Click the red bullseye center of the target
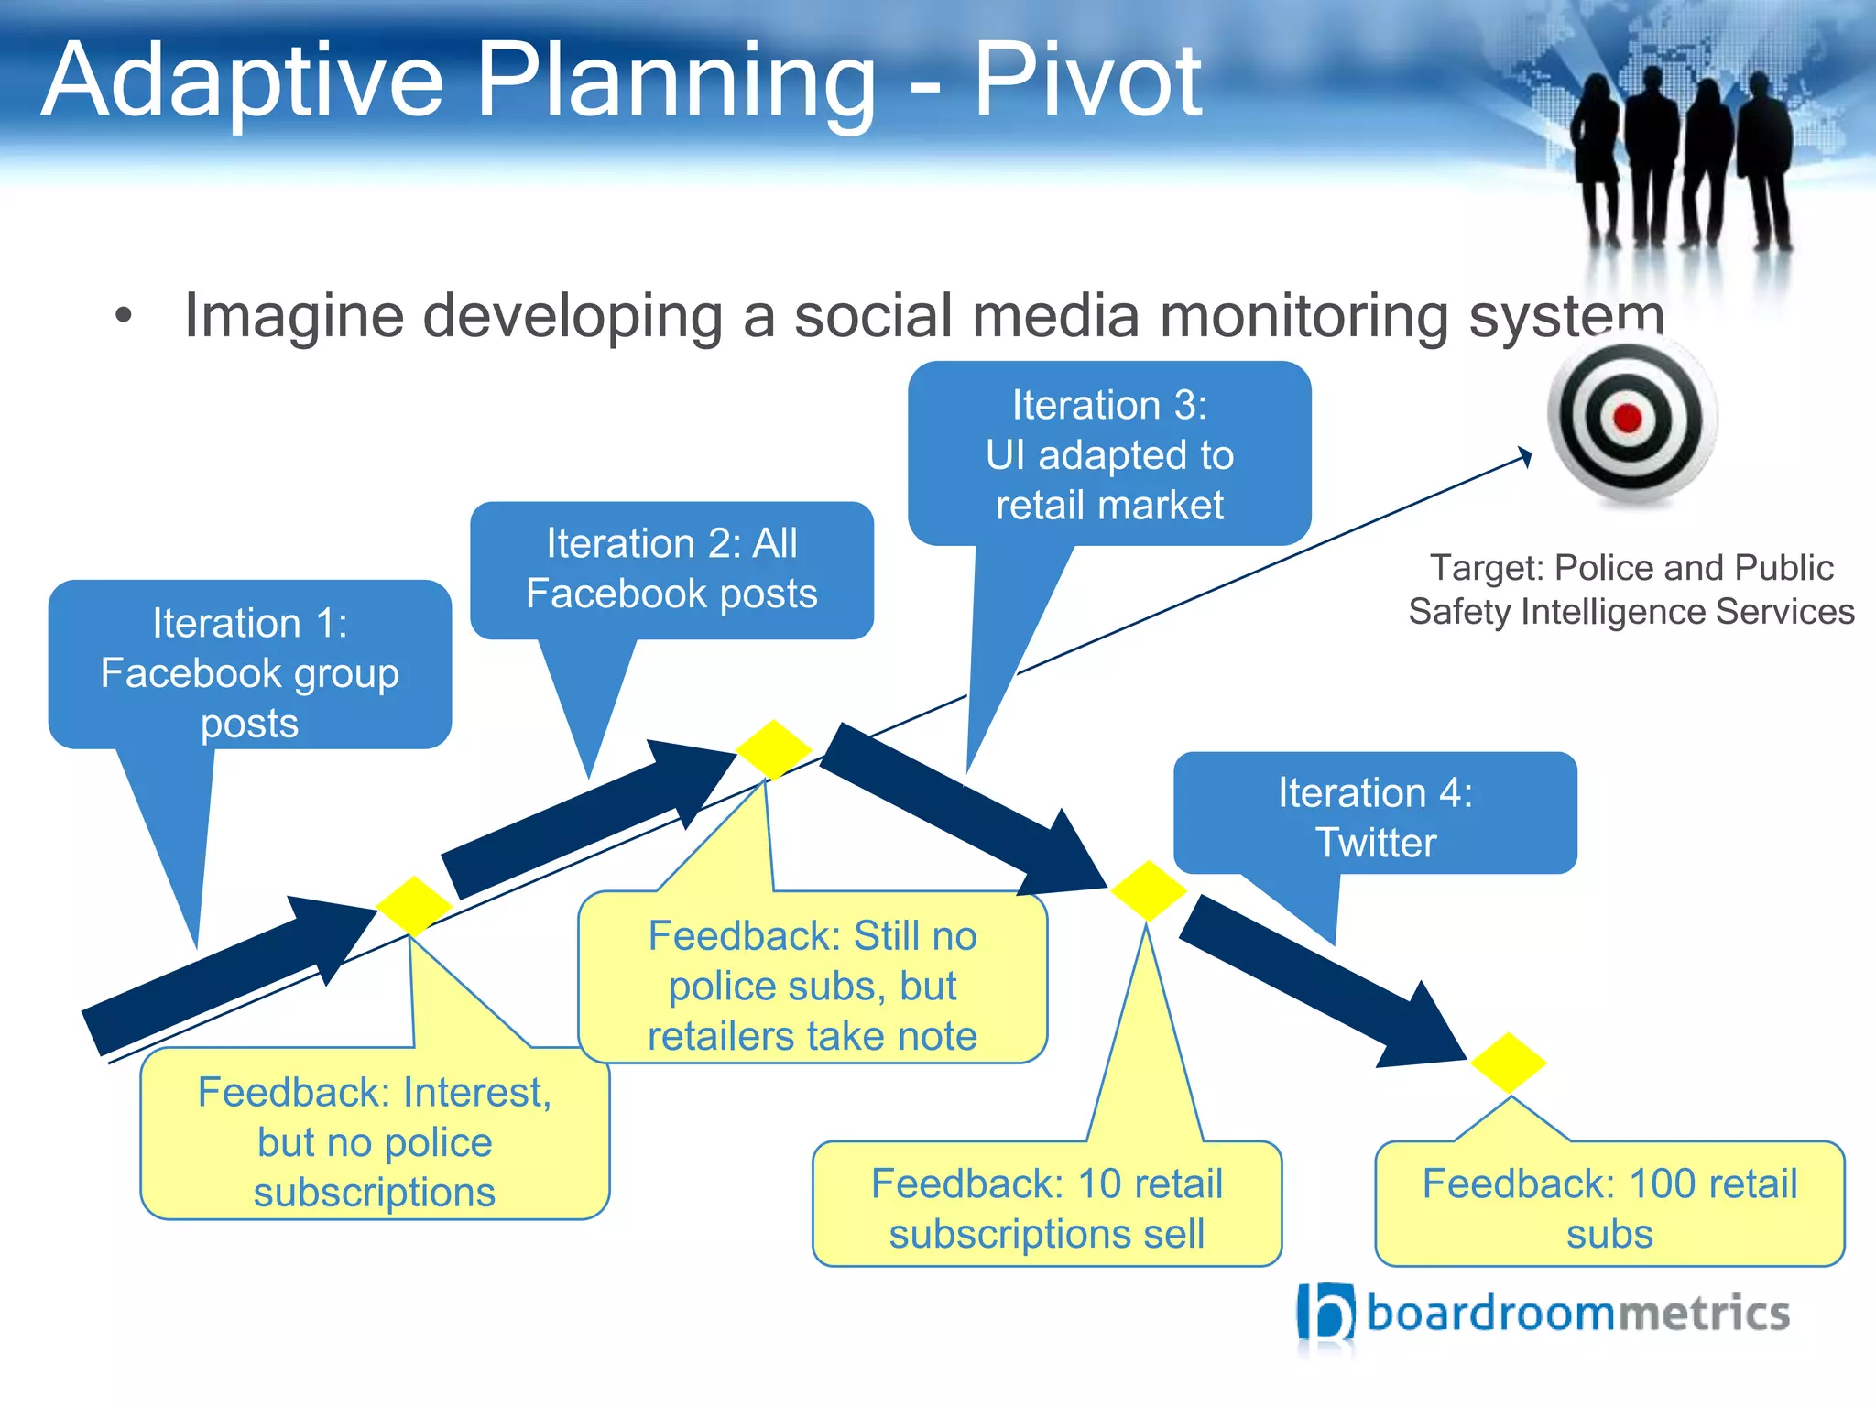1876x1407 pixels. click(x=1628, y=419)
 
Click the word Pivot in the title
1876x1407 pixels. click(x=1086, y=82)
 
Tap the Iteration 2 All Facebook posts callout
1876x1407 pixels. click(x=671, y=569)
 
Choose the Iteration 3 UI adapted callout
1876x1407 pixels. click(x=1109, y=454)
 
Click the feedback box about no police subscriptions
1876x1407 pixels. click(x=375, y=1140)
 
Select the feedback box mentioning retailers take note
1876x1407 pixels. click(x=813, y=985)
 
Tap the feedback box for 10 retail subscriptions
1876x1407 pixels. click(x=1046, y=1207)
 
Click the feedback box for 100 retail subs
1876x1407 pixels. click(x=1609, y=1207)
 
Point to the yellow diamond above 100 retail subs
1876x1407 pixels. click(x=1509, y=1063)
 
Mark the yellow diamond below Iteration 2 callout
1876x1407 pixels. click(x=774, y=749)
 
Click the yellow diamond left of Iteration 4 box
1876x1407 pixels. click(x=1148, y=890)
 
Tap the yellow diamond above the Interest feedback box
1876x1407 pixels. click(x=414, y=906)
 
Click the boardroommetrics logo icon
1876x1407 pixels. click(x=1325, y=1313)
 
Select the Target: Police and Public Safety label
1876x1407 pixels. click(x=1631, y=589)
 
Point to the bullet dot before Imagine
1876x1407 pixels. click(x=124, y=317)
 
